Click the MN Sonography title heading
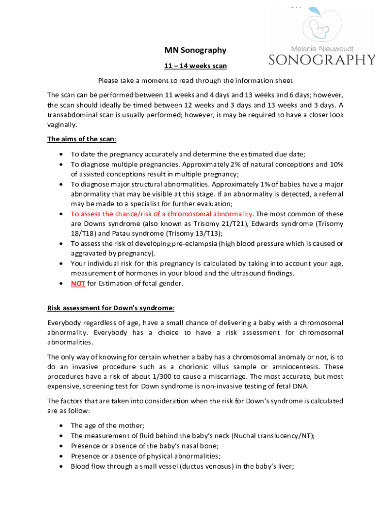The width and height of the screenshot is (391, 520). point(195,50)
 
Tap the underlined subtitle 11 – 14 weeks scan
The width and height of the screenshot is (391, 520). point(195,66)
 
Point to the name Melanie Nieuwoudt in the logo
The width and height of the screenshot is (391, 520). point(322,48)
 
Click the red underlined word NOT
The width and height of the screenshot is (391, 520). point(78,283)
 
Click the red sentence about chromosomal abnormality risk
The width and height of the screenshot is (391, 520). point(161,214)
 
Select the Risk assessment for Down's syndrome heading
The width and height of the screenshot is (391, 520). point(111,308)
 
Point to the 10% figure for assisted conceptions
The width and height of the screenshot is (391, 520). point(336,164)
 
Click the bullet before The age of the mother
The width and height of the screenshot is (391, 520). point(61,426)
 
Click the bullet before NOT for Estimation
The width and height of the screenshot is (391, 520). point(61,283)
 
